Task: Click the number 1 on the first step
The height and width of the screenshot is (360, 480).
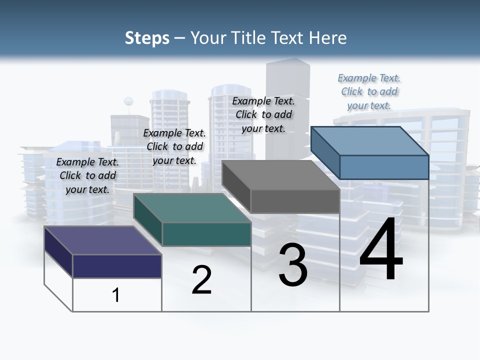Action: click(115, 295)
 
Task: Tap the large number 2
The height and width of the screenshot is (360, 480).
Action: click(201, 280)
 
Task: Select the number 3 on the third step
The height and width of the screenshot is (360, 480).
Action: click(293, 265)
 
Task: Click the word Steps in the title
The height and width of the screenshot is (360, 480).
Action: click(147, 38)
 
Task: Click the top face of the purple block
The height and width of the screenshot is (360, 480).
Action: click(102, 240)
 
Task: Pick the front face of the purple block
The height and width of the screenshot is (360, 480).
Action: click(117, 266)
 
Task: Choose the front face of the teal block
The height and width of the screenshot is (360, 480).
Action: click(206, 234)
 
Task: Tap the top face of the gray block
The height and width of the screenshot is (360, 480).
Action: click(280, 175)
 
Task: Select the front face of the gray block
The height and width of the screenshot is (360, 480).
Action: click(295, 201)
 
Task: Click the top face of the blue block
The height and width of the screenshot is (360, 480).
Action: click(369, 140)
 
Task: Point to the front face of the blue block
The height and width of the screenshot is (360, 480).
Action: click(384, 167)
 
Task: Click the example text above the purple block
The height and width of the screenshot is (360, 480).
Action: click(87, 175)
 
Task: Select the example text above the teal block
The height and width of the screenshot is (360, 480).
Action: click(174, 146)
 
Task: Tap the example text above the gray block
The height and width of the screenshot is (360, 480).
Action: click(263, 114)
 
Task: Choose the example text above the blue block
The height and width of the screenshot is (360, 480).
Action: click(369, 91)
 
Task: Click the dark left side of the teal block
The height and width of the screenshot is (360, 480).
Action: click(147, 220)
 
